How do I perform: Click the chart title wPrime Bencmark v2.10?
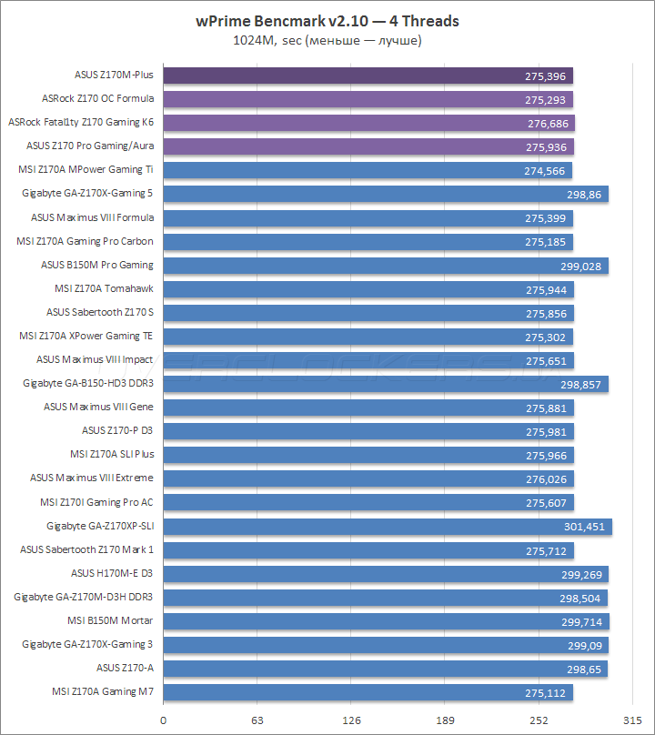(x=327, y=21)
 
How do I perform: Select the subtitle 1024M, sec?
(x=327, y=40)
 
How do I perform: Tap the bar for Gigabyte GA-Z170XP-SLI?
(x=388, y=526)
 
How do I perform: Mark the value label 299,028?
(x=580, y=266)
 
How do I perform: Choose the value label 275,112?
(x=546, y=692)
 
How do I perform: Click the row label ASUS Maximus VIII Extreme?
(x=92, y=478)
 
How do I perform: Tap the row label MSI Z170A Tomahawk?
(x=105, y=288)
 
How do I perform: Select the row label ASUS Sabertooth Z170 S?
(x=100, y=312)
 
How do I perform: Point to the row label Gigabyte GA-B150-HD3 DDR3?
(x=88, y=384)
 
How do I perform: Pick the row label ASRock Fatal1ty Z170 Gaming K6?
(x=81, y=122)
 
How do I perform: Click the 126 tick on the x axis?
(x=351, y=720)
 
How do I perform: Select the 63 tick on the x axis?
(x=257, y=720)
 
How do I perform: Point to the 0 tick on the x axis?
(x=164, y=720)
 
